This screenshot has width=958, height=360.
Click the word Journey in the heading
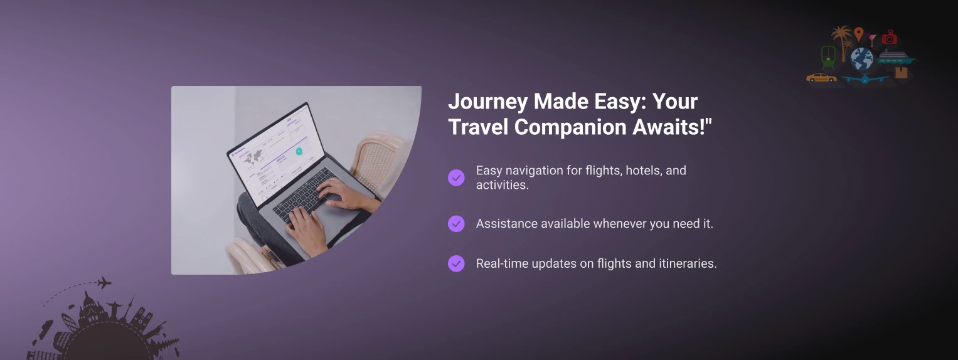tap(488, 102)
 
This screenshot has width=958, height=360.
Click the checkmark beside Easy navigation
tap(456, 177)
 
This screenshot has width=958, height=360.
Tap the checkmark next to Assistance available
tap(456, 224)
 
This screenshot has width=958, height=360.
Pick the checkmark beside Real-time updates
tap(456, 263)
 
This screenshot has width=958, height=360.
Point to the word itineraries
tap(687, 263)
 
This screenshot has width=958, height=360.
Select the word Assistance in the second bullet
tap(507, 224)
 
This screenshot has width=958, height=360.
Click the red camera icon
tap(890, 37)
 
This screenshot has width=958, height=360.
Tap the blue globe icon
tap(862, 59)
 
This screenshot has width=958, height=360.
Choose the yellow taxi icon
tap(821, 77)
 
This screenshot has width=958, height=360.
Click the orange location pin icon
tap(858, 33)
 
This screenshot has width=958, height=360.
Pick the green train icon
tap(828, 57)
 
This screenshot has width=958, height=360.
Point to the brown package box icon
tap(901, 73)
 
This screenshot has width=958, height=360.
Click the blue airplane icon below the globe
tap(865, 79)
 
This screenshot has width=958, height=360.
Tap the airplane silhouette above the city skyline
tap(104, 283)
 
